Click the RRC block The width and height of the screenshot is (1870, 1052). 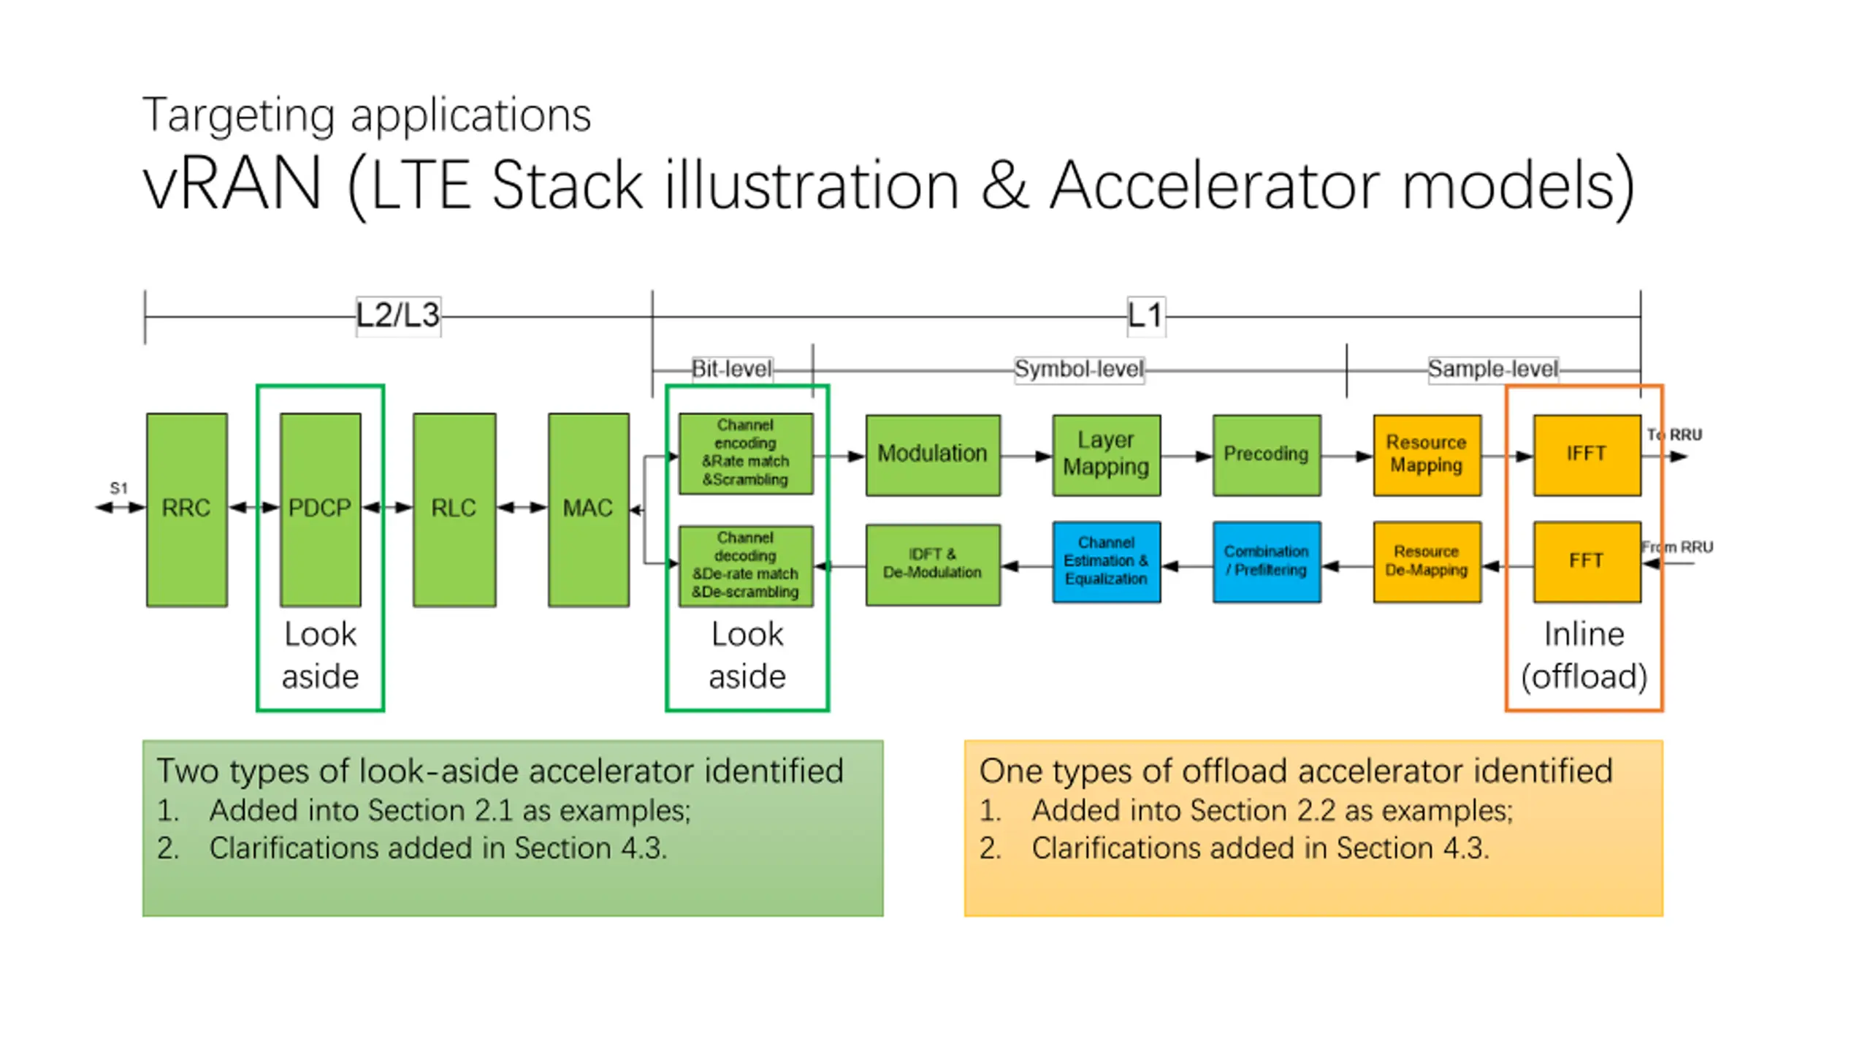point(186,509)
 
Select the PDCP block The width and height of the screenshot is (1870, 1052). point(320,509)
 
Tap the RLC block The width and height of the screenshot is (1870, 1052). point(454,509)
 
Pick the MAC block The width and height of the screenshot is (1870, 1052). point(588,509)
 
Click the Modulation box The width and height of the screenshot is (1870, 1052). point(932,454)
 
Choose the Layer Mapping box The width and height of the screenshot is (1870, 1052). point(1106,454)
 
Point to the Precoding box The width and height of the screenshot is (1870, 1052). point(1266,454)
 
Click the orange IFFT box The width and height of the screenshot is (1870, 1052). point(1586,454)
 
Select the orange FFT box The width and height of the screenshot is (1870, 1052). point(1586,561)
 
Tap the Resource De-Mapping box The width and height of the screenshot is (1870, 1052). point(1426,561)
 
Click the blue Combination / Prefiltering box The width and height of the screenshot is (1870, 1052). point(1266,561)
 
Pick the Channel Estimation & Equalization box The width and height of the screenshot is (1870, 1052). point(1106,561)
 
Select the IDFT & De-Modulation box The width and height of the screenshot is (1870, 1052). point(932,564)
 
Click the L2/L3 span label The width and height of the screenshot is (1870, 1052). point(398,316)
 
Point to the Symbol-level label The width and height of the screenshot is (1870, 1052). point(1078,369)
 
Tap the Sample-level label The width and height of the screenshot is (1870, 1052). point(1492,369)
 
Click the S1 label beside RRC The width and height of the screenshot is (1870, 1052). point(118,488)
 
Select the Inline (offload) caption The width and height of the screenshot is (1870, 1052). point(1584,655)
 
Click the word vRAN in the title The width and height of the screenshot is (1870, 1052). point(232,186)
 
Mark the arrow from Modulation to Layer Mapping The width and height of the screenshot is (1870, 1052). point(1026,457)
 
